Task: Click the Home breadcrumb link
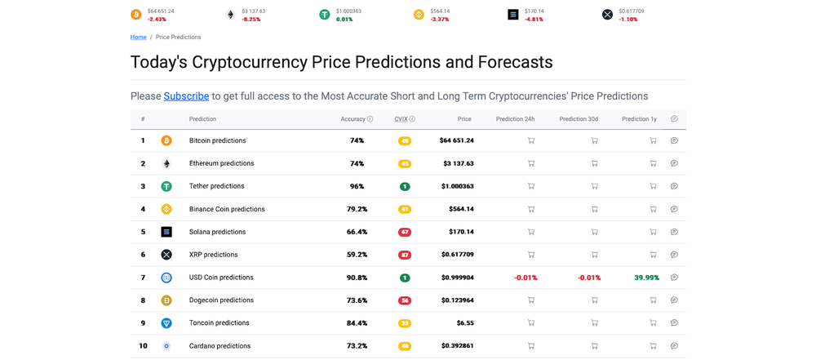pyautogui.click(x=138, y=38)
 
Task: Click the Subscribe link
pyautogui.click(x=186, y=96)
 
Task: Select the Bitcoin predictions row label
pyautogui.click(x=217, y=140)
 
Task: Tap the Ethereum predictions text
pyautogui.click(x=221, y=163)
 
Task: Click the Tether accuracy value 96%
pyautogui.click(x=357, y=186)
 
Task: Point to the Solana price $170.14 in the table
pyautogui.click(x=461, y=232)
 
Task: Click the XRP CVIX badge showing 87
pyautogui.click(x=405, y=255)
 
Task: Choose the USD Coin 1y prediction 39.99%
pyautogui.click(x=646, y=278)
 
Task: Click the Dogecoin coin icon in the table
pyautogui.click(x=166, y=300)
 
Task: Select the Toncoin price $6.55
pyautogui.click(x=465, y=323)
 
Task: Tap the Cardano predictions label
pyautogui.click(x=220, y=346)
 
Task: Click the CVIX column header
pyautogui.click(x=401, y=119)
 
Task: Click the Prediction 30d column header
pyautogui.click(x=579, y=119)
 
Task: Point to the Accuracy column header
pyautogui.click(x=353, y=119)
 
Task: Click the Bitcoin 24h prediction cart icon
pyautogui.click(x=531, y=140)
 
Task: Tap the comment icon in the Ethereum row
pyautogui.click(x=674, y=163)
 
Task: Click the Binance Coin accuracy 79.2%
pyautogui.click(x=357, y=209)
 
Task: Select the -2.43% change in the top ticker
pyautogui.click(x=157, y=20)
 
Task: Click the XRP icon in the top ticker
pyautogui.click(x=607, y=15)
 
